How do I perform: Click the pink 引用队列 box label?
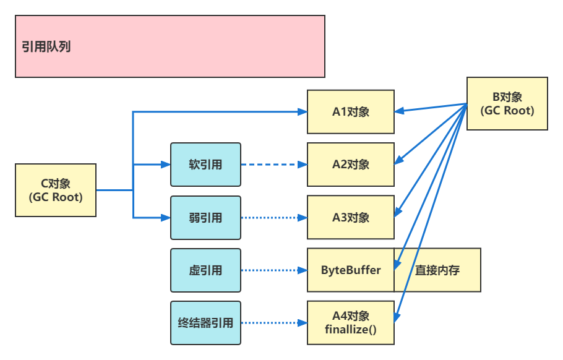pyautogui.click(x=46, y=47)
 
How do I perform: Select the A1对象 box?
pyautogui.click(x=350, y=111)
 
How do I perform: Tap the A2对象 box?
pyautogui.click(x=350, y=165)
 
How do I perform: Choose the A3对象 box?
pyautogui.click(x=350, y=218)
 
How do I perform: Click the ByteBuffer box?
pyautogui.click(x=350, y=270)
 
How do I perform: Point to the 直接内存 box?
pyautogui.click(x=437, y=270)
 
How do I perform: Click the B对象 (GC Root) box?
pyautogui.click(x=507, y=104)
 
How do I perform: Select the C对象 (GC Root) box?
pyautogui.click(x=56, y=190)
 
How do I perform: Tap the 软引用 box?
pyautogui.click(x=205, y=165)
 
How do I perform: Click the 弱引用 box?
pyautogui.click(x=205, y=218)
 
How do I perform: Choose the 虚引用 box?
pyautogui.click(x=205, y=270)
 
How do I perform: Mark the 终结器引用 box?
pyautogui.click(x=205, y=323)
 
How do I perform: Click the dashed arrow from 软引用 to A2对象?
pyautogui.click(x=272, y=165)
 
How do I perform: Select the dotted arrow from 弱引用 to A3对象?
pyautogui.click(x=272, y=218)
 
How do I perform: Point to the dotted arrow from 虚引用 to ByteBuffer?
pyautogui.click(x=272, y=270)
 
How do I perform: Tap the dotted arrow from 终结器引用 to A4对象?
pyautogui.click(x=272, y=323)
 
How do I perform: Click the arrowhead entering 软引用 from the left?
pyautogui.click(x=166, y=165)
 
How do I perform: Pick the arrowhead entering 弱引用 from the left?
pyautogui.click(x=166, y=218)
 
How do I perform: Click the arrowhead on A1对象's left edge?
pyautogui.click(x=303, y=111)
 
